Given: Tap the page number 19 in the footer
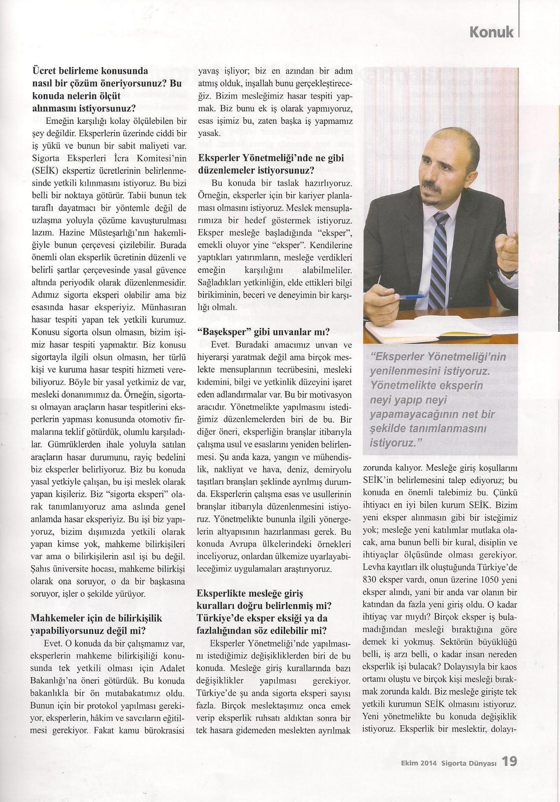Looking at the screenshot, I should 509,762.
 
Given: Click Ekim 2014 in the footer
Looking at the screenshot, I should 419,763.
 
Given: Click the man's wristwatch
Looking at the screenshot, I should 508,271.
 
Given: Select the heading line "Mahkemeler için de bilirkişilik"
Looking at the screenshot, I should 97,618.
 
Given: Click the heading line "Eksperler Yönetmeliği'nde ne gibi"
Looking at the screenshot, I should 271,158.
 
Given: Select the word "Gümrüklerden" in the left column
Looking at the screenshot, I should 71,444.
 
